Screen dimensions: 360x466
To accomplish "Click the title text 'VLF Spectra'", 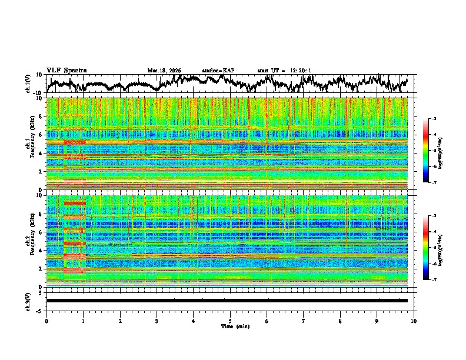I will [x=66, y=71].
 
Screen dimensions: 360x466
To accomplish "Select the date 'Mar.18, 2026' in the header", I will [x=164, y=71].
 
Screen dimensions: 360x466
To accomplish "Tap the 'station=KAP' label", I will [x=218, y=71].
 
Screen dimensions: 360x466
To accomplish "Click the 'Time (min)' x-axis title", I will [x=230, y=326].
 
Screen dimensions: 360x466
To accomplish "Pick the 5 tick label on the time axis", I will [x=230, y=321].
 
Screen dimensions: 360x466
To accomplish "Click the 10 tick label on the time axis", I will [x=414, y=321].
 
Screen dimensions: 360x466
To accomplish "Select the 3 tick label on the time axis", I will [x=157, y=321].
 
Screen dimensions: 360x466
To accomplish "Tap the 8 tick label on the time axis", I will [x=340, y=321].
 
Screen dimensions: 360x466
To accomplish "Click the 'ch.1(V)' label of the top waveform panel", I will [x=28, y=84].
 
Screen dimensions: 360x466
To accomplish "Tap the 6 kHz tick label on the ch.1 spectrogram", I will [x=40, y=135].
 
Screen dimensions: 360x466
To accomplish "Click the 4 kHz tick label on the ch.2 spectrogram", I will [x=40, y=251].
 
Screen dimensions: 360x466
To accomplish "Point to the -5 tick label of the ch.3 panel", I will [x=39, y=309].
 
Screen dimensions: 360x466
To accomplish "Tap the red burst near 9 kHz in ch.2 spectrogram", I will [x=75, y=203].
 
